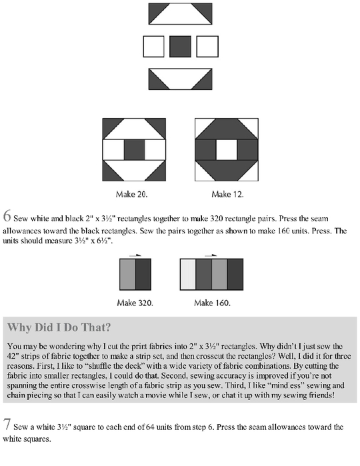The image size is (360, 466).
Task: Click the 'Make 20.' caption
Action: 131,195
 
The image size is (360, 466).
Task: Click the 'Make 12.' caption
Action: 227,195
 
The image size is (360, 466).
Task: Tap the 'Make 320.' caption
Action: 135,303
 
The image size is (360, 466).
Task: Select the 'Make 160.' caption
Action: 212,303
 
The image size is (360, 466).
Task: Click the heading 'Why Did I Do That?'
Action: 59,327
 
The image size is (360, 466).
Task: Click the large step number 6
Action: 7,216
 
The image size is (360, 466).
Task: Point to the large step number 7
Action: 7,424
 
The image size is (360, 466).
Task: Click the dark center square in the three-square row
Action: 180,47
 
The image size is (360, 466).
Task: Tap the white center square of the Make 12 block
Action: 227,150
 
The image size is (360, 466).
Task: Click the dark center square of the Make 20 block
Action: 134,150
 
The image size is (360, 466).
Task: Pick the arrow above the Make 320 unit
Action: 135,255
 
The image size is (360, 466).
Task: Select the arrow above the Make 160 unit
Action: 211,255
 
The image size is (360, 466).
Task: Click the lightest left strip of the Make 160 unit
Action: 188,274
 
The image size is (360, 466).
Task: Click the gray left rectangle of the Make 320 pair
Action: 127,274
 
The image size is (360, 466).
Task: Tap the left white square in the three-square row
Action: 154,47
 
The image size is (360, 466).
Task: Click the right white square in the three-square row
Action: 207,47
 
